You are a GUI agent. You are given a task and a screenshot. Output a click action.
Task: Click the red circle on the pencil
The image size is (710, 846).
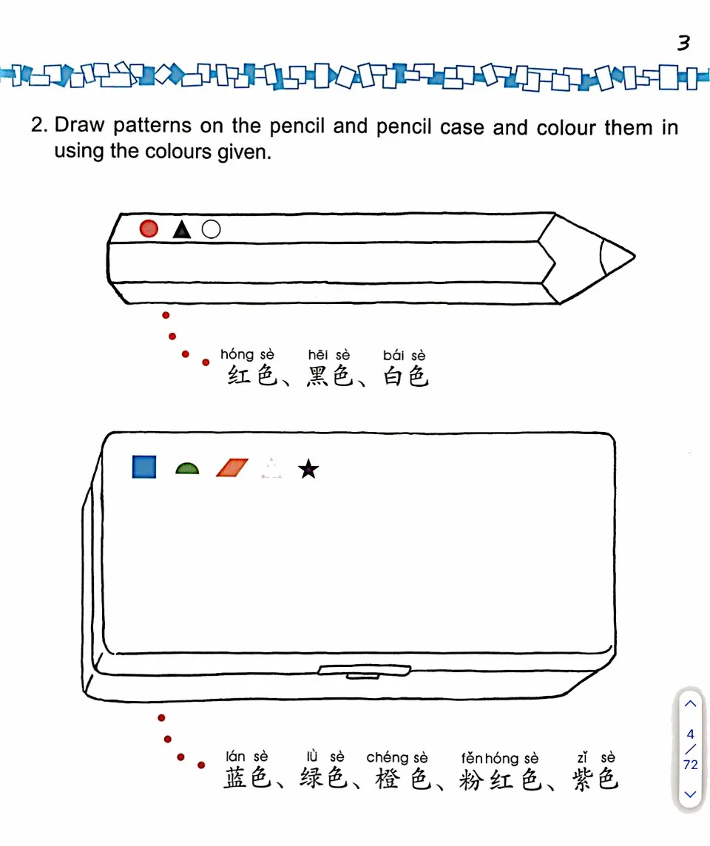tap(149, 229)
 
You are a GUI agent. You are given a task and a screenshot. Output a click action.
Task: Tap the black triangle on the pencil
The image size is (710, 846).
tap(181, 230)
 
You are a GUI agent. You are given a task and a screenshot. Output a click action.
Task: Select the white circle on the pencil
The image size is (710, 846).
tap(211, 229)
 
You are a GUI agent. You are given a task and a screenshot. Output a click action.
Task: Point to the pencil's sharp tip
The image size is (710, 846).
tap(630, 257)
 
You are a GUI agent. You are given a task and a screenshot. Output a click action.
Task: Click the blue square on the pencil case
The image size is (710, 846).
tap(144, 467)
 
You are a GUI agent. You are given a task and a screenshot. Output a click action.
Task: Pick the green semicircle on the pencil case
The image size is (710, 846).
tap(187, 468)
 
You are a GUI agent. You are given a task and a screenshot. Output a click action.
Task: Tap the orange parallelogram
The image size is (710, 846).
tap(232, 468)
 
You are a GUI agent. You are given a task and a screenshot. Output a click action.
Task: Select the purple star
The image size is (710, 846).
tap(308, 469)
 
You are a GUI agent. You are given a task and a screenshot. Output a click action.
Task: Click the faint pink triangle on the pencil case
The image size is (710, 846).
tap(271, 469)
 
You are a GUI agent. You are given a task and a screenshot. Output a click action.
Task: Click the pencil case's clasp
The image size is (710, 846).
tap(363, 671)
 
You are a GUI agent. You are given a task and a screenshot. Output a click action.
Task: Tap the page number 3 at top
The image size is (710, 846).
tap(683, 44)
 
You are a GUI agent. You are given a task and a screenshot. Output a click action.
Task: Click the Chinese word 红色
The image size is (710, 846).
tap(251, 377)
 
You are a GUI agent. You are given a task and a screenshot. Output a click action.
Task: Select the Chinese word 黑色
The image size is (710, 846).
tap(329, 377)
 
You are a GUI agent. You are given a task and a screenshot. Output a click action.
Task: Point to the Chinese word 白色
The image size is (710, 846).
tap(405, 377)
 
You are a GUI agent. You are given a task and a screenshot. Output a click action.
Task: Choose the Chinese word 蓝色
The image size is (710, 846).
tap(248, 779)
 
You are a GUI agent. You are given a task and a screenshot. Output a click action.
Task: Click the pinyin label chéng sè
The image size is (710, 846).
tap(397, 757)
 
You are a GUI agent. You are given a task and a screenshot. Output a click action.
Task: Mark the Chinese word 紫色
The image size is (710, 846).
tap(595, 779)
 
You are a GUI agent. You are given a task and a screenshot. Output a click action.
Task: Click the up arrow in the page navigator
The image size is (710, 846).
tap(690, 703)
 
